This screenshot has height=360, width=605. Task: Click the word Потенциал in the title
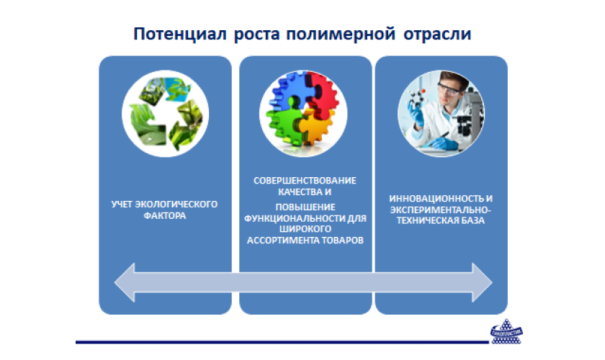click(180, 34)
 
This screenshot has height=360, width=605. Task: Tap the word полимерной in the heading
click(341, 35)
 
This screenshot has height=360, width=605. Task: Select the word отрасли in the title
click(437, 35)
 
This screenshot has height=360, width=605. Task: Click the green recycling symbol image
click(165, 114)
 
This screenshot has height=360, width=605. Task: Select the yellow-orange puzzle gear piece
click(316, 128)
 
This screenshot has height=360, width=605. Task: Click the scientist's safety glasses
click(449, 89)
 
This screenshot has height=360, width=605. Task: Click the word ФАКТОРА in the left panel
click(165, 216)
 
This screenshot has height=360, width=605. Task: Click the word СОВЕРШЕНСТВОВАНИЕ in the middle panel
click(305, 181)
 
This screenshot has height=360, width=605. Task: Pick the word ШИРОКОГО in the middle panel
click(305, 229)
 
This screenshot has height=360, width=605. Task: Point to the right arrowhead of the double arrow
click(482, 282)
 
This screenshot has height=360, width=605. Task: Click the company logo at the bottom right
click(506, 332)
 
